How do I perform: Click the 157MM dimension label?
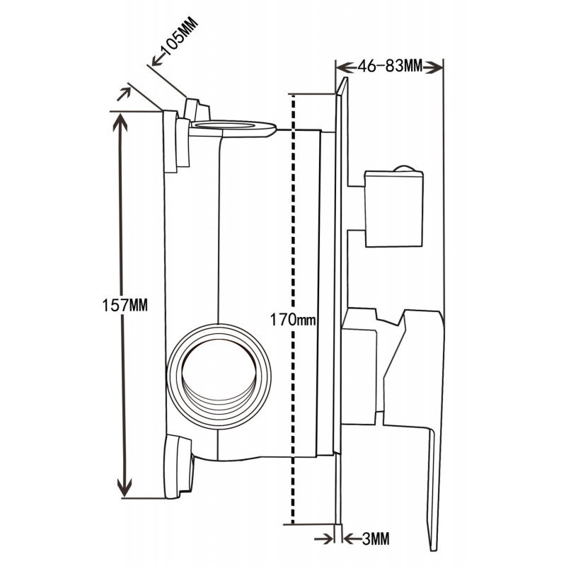tap(125, 306)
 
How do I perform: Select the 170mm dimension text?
tap(291, 320)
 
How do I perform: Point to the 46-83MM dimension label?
tap(389, 67)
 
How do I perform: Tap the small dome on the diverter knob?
tap(404, 168)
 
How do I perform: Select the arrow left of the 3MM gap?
tap(327, 538)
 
